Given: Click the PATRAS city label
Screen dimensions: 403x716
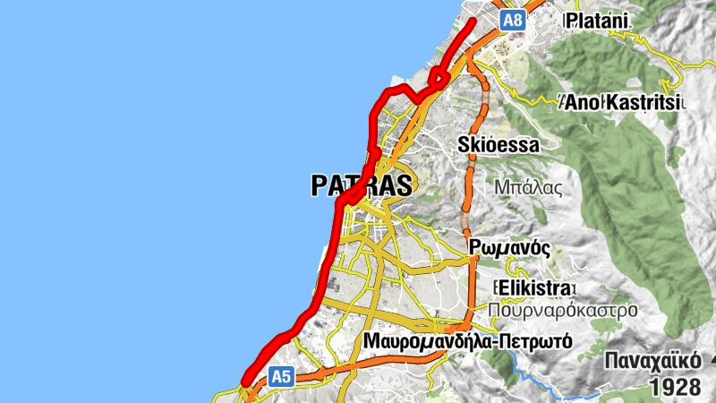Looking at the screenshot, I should [362, 185].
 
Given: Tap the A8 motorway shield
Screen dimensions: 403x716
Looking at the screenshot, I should [513, 20].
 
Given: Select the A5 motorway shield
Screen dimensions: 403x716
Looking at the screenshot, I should [282, 377].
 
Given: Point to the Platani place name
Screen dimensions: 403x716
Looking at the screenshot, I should [597, 20].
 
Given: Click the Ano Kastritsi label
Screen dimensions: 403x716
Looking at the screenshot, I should [623, 103].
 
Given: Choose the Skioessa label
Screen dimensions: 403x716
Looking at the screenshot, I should [499, 144].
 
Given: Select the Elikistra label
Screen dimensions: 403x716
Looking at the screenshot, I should [534, 287].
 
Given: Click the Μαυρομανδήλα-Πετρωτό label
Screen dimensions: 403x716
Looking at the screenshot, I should [469, 342].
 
